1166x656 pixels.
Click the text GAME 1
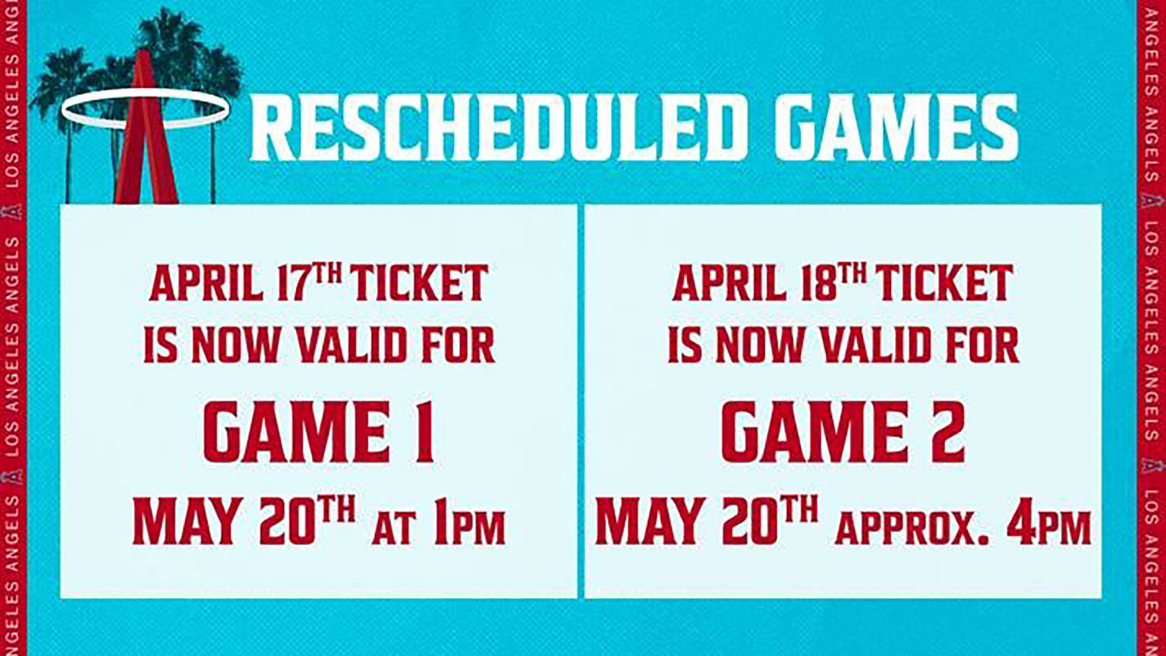pos(319,432)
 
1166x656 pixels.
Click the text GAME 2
pos(843,432)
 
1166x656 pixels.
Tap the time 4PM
pos(1049,526)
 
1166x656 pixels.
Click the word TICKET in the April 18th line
pos(944,284)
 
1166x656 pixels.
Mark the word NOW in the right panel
pos(759,345)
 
